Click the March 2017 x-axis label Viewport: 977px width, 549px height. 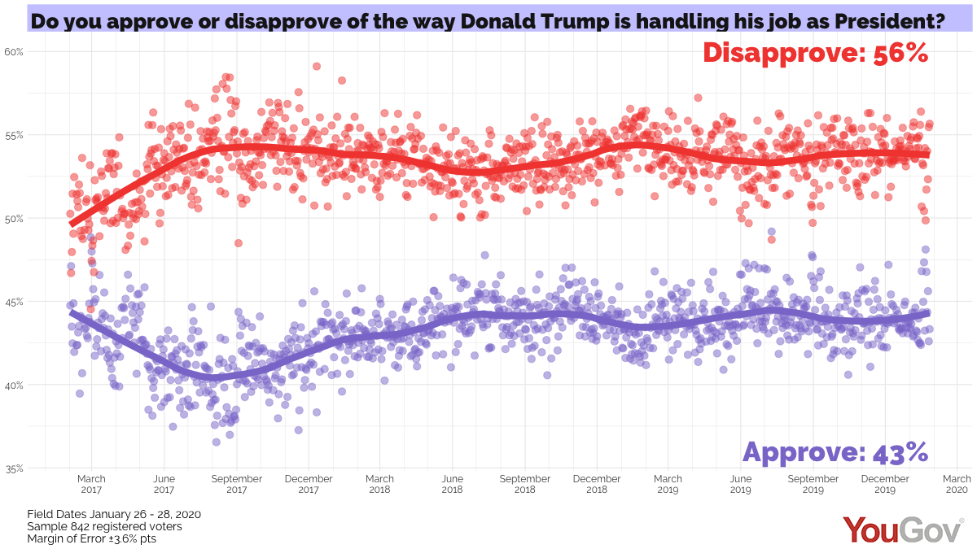pyautogui.click(x=91, y=484)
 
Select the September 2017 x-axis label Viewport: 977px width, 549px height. pyautogui.click(x=236, y=484)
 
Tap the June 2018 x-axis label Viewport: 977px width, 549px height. pyautogui.click(x=452, y=484)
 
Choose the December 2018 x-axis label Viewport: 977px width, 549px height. pyautogui.click(x=597, y=484)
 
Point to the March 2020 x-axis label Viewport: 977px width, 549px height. pyautogui.click(x=957, y=484)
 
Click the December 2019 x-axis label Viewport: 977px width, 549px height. pyautogui.click(x=885, y=484)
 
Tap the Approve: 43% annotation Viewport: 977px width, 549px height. pyautogui.click(x=835, y=451)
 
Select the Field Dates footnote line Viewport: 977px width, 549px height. pyautogui.click(x=114, y=514)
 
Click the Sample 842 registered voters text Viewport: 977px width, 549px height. pyautogui.click(x=104, y=526)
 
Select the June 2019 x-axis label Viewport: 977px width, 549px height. pyautogui.click(x=740, y=484)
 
